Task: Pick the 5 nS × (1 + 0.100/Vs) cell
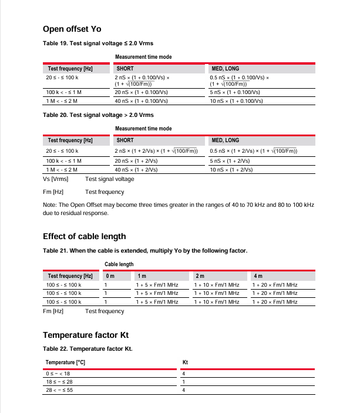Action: coord(235,92)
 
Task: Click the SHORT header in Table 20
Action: coord(125,140)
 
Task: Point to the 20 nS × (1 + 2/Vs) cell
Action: coord(136,160)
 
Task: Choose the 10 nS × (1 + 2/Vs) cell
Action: coord(231,169)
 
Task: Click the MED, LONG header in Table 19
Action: coord(225,69)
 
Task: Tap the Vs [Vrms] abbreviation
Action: coord(56,179)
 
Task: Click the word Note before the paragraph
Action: coord(49,205)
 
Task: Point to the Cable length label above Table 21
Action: coord(119,264)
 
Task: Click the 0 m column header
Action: coord(110,276)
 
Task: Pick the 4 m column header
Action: coord(258,276)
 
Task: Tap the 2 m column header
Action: coord(200,276)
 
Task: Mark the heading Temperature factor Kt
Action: coord(85,335)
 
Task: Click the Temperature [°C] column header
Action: coord(65,362)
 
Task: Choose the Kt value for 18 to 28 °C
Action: coord(184,381)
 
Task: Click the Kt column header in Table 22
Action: coord(185,362)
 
